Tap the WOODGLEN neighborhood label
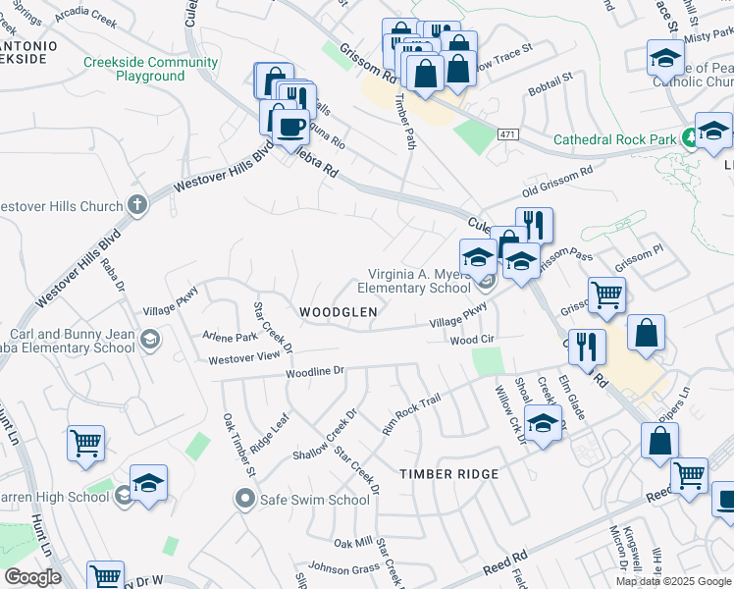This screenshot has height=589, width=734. (339, 312)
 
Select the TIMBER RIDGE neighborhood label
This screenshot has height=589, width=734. (448, 474)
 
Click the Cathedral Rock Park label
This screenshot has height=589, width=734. (614, 140)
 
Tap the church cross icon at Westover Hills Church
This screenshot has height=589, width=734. (136, 206)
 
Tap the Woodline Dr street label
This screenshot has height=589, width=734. (315, 372)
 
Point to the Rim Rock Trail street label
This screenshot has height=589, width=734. (413, 412)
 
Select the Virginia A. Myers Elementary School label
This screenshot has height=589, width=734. (414, 282)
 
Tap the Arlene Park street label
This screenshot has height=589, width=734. (229, 337)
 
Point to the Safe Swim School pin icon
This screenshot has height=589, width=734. (245, 500)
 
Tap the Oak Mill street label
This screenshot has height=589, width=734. (352, 543)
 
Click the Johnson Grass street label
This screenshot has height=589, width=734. (344, 567)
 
